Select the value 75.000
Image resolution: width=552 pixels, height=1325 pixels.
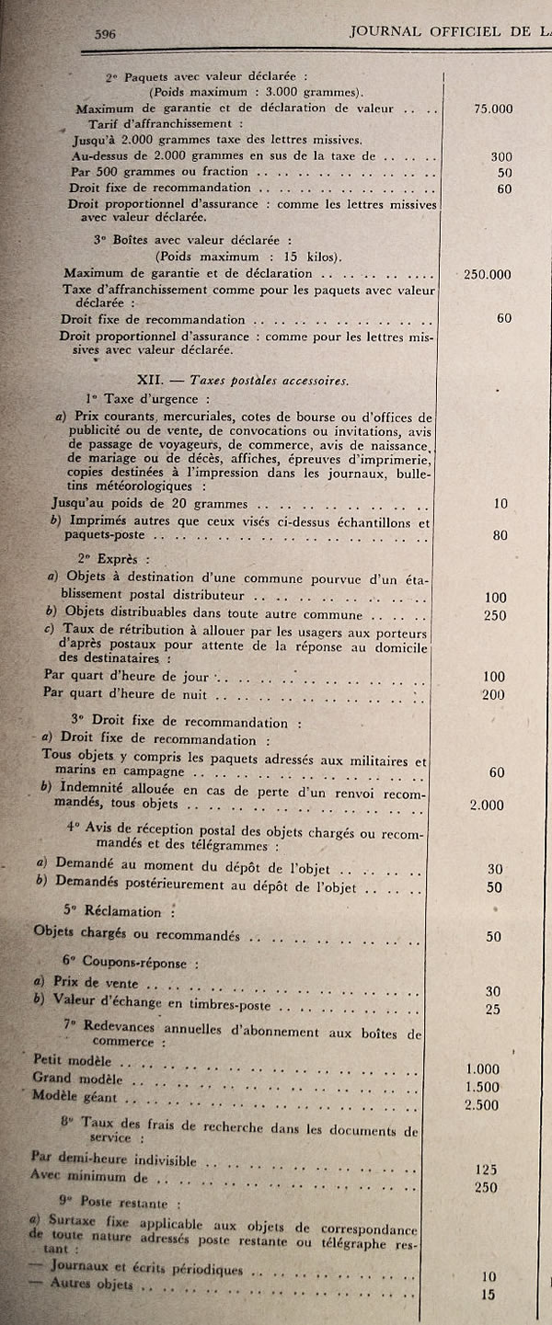pos(492,109)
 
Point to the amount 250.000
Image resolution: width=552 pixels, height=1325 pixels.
pos(489,274)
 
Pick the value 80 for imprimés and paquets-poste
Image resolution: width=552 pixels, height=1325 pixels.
pos(500,535)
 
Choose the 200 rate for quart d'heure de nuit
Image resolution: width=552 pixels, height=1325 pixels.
pos(493,694)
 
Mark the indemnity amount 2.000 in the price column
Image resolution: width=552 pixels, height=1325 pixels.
pos(486,805)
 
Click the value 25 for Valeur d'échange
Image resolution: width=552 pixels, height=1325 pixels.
pos(494,1010)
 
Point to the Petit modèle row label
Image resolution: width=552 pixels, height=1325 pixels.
pos(70,1059)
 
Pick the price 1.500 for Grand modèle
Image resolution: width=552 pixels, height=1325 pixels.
pos(483,1086)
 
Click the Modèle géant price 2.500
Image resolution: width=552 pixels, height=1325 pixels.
pos(483,1103)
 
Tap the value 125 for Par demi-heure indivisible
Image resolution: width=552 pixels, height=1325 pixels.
pos(487,1170)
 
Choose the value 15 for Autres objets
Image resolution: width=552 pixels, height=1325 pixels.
pos(488,1295)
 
